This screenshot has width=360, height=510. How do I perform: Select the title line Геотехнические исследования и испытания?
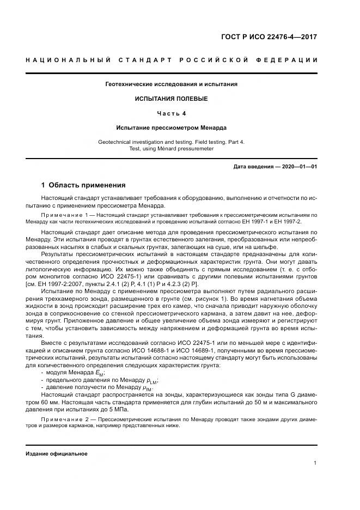[x=171, y=84]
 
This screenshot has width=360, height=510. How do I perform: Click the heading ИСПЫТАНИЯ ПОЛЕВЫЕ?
[x=171, y=99]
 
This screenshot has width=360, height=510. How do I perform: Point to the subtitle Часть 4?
[x=171, y=113]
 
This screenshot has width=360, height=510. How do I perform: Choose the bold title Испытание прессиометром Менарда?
[x=171, y=127]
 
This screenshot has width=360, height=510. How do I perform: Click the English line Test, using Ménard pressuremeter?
[x=171, y=148]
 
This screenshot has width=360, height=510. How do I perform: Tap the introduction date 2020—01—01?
[x=298, y=166]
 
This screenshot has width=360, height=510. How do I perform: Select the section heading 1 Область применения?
[x=83, y=185]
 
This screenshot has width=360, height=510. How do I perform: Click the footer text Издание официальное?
[x=56, y=453]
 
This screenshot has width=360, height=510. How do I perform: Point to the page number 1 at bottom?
[x=315, y=463]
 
